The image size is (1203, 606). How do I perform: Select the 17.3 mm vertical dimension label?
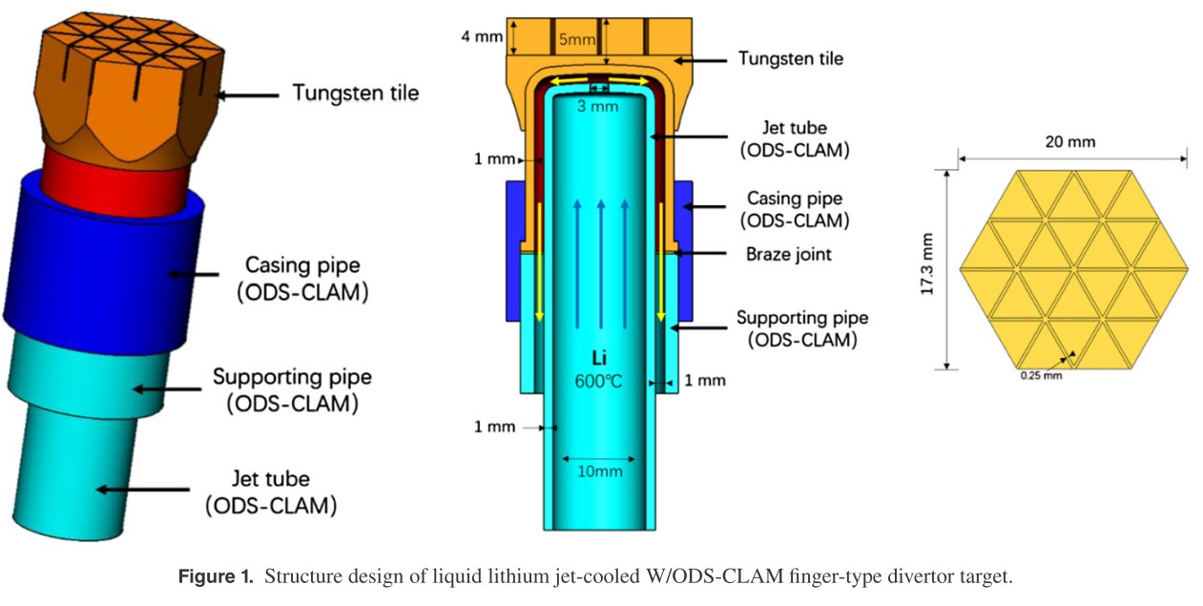pyautogui.click(x=925, y=270)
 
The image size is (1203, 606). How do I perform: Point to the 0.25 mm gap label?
pyautogui.click(x=1040, y=376)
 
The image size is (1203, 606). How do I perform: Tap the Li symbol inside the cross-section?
pyautogui.click(x=599, y=359)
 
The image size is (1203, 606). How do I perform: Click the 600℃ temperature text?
pyautogui.click(x=599, y=380)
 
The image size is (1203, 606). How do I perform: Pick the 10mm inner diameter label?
pyautogui.click(x=598, y=471)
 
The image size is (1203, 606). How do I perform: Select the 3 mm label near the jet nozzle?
pyautogui.click(x=598, y=106)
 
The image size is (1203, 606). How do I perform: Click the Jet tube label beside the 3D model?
pyautogui.click(x=270, y=491)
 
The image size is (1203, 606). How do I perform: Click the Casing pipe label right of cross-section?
pyautogui.click(x=794, y=210)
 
